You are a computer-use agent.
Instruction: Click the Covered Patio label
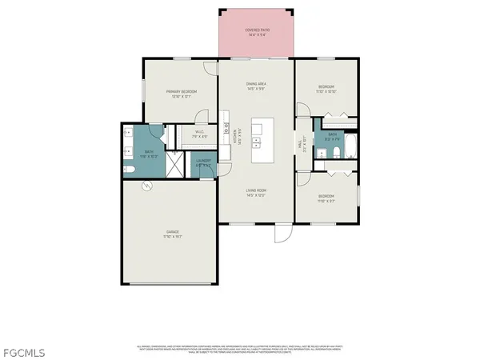(x=257, y=31)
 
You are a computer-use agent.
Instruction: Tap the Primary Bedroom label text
(x=182, y=94)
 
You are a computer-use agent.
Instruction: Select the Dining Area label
(x=257, y=86)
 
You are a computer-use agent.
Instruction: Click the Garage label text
(x=167, y=234)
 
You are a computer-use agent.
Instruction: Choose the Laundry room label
(x=203, y=162)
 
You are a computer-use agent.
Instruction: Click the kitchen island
(x=261, y=138)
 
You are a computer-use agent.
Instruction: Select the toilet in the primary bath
(x=130, y=170)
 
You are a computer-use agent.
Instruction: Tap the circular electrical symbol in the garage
(x=146, y=186)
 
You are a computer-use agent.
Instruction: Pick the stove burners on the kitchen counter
(x=227, y=126)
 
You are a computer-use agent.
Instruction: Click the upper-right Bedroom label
(x=326, y=88)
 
